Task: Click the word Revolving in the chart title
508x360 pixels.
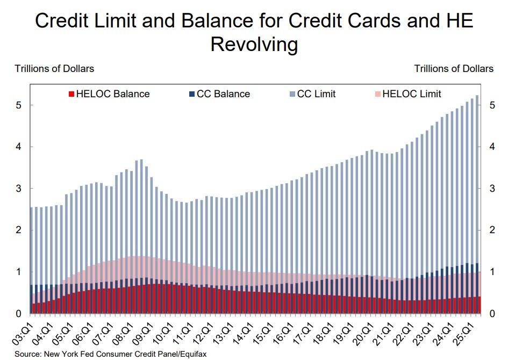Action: point(254,44)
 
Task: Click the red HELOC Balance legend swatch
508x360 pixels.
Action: point(71,94)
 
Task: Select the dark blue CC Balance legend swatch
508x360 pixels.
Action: point(192,94)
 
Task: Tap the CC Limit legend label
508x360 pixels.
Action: point(316,94)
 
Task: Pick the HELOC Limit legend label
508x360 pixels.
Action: point(412,94)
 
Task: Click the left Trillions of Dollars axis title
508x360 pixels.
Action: point(54,68)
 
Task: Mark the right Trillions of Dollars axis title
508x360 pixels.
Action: point(454,68)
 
